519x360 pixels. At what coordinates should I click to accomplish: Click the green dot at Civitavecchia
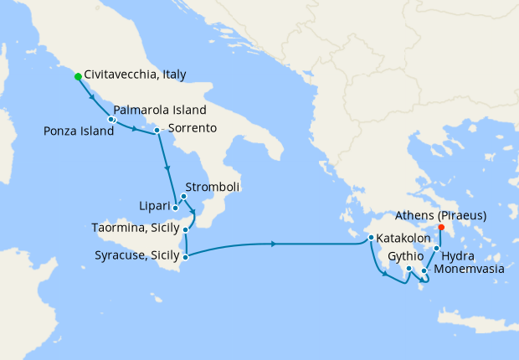coord(78,76)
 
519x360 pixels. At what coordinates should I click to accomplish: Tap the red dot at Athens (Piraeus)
coord(441,227)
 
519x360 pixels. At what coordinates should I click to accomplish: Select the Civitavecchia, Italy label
coord(135,75)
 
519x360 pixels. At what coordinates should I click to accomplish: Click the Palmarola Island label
coord(159,110)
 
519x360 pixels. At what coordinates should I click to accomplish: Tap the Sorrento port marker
coord(157,130)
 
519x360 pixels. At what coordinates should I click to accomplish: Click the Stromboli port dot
coord(183,197)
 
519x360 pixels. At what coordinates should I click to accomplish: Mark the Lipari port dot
coord(175,206)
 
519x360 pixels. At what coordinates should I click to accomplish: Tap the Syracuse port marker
coord(186,256)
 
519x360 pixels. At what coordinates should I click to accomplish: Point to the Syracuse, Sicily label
coord(135,255)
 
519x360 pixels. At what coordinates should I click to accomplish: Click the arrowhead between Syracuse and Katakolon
coord(275,244)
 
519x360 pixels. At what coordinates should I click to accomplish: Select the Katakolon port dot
coord(370,238)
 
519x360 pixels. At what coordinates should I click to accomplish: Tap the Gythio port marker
coord(409,269)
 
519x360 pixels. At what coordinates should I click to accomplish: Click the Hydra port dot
coord(436,249)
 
